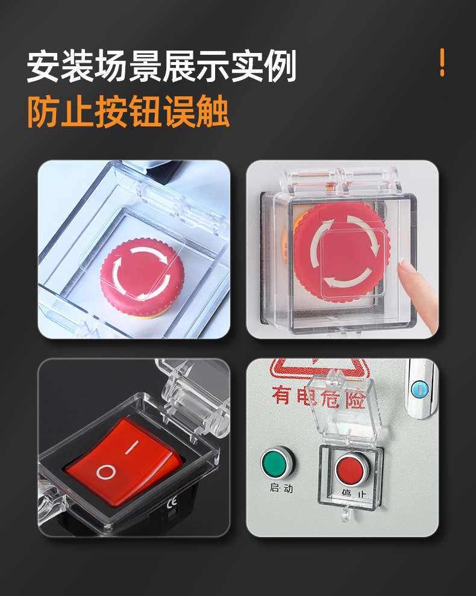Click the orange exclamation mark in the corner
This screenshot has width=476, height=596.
tap(442, 63)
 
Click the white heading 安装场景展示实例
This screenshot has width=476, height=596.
tap(161, 66)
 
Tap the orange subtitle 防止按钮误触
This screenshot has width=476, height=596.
tap(128, 111)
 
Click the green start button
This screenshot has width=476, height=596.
tap(277, 462)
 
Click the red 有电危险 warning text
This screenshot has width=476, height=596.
tap(319, 397)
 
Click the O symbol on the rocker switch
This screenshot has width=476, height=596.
tap(106, 472)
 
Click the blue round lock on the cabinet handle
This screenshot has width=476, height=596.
tap(420, 389)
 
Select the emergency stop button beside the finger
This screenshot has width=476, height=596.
tap(340, 252)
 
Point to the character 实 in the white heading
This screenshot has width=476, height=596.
tap(246, 66)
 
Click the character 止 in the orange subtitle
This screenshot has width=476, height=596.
tap(77, 111)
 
